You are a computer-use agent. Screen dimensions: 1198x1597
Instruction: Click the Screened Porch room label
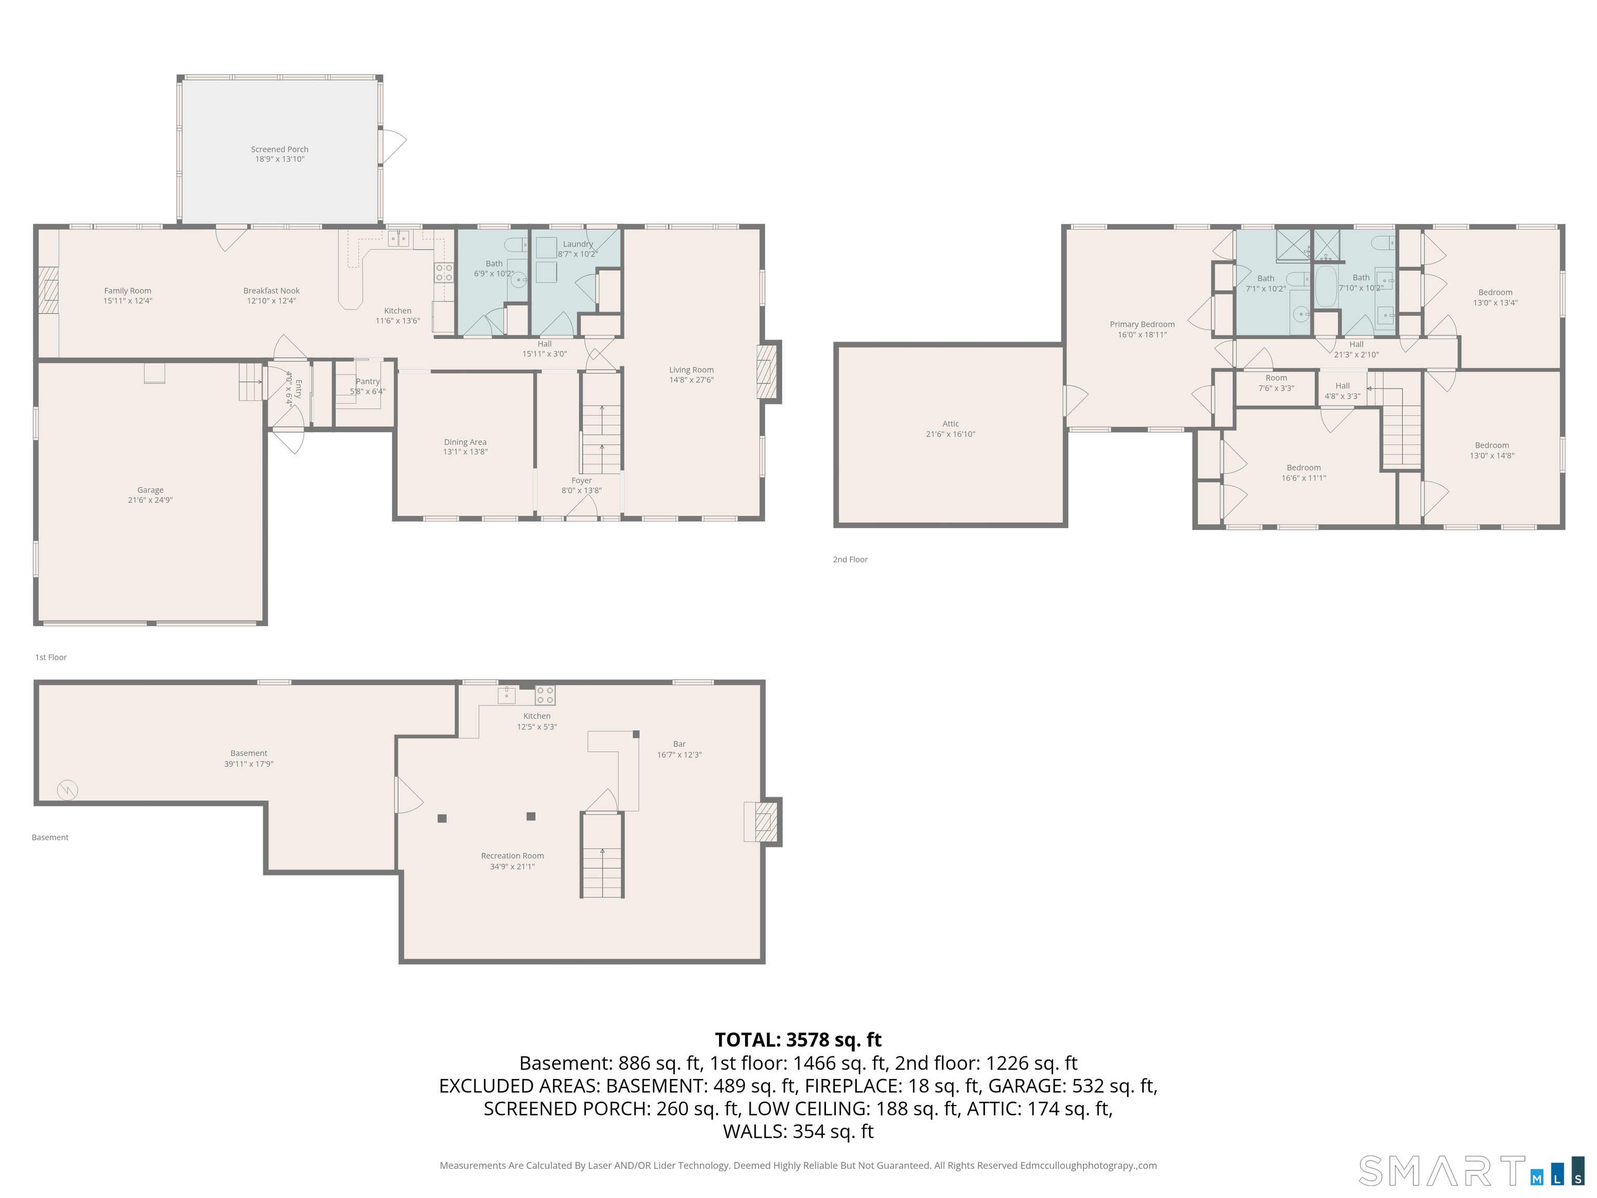tap(279, 149)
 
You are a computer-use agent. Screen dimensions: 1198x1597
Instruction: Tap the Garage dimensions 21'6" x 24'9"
tap(150, 500)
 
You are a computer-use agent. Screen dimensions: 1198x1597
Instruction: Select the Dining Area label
tap(465, 442)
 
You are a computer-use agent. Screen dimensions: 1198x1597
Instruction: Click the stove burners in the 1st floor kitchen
tap(443, 272)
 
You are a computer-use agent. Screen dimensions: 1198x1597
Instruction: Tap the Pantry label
tap(368, 381)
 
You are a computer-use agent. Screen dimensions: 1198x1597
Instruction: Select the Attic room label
tap(950, 424)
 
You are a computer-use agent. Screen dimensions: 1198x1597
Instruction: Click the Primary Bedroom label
tap(1142, 324)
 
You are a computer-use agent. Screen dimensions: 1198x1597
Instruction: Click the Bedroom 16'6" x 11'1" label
tap(1303, 468)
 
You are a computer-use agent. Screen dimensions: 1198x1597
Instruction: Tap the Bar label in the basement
tap(678, 744)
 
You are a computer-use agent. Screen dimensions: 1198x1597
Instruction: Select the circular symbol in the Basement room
tap(67, 790)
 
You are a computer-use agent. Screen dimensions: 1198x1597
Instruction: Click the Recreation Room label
tap(512, 856)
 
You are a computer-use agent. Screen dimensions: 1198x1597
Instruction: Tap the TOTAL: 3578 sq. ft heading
tap(798, 1040)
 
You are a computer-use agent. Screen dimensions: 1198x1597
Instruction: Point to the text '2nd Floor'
tap(850, 559)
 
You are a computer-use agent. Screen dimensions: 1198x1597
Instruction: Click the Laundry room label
tap(578, 244)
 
